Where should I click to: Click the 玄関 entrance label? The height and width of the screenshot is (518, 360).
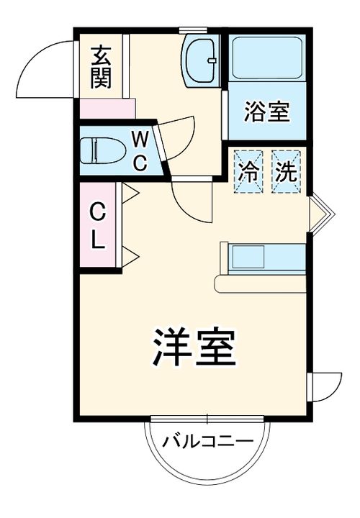tap(102, 67)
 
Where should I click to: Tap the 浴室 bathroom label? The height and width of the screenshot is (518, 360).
tap(266, 112)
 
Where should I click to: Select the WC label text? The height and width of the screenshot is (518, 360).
tap(140, 150)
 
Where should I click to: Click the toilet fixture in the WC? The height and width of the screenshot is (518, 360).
tap(98, 151)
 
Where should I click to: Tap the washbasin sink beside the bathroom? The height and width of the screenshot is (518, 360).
tap(201, 60)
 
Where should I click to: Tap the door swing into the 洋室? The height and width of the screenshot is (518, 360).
tap(191, 201)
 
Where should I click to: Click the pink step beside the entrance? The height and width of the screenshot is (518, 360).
tap(107, 109)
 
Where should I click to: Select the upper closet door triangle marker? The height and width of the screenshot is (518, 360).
tap(129, 193)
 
